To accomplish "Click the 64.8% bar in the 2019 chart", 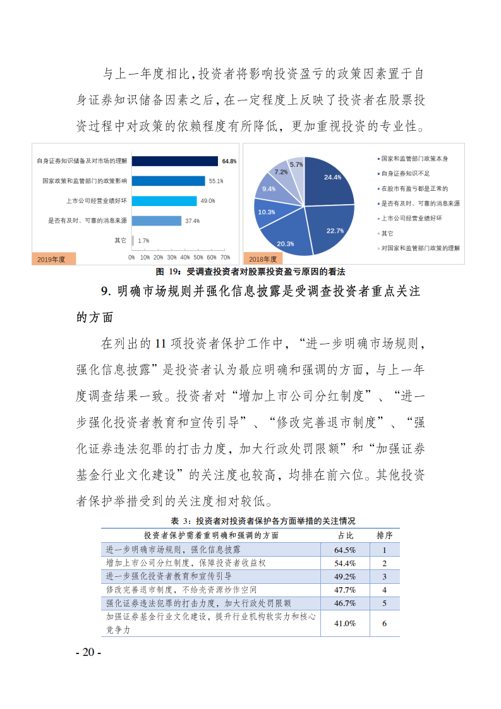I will (174, 161).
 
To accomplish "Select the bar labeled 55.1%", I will (168, 181).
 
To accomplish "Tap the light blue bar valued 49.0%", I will (164, 201).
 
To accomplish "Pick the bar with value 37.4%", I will (156, 221).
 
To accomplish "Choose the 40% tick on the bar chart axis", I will (185, 258).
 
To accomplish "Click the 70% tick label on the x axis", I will (225, 258).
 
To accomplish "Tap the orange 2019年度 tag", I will (53, 259).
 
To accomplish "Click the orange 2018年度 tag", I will (263, 259).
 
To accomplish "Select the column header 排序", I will (384, 535).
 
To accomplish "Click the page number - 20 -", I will (88, 652).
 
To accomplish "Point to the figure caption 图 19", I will (250, 272).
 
